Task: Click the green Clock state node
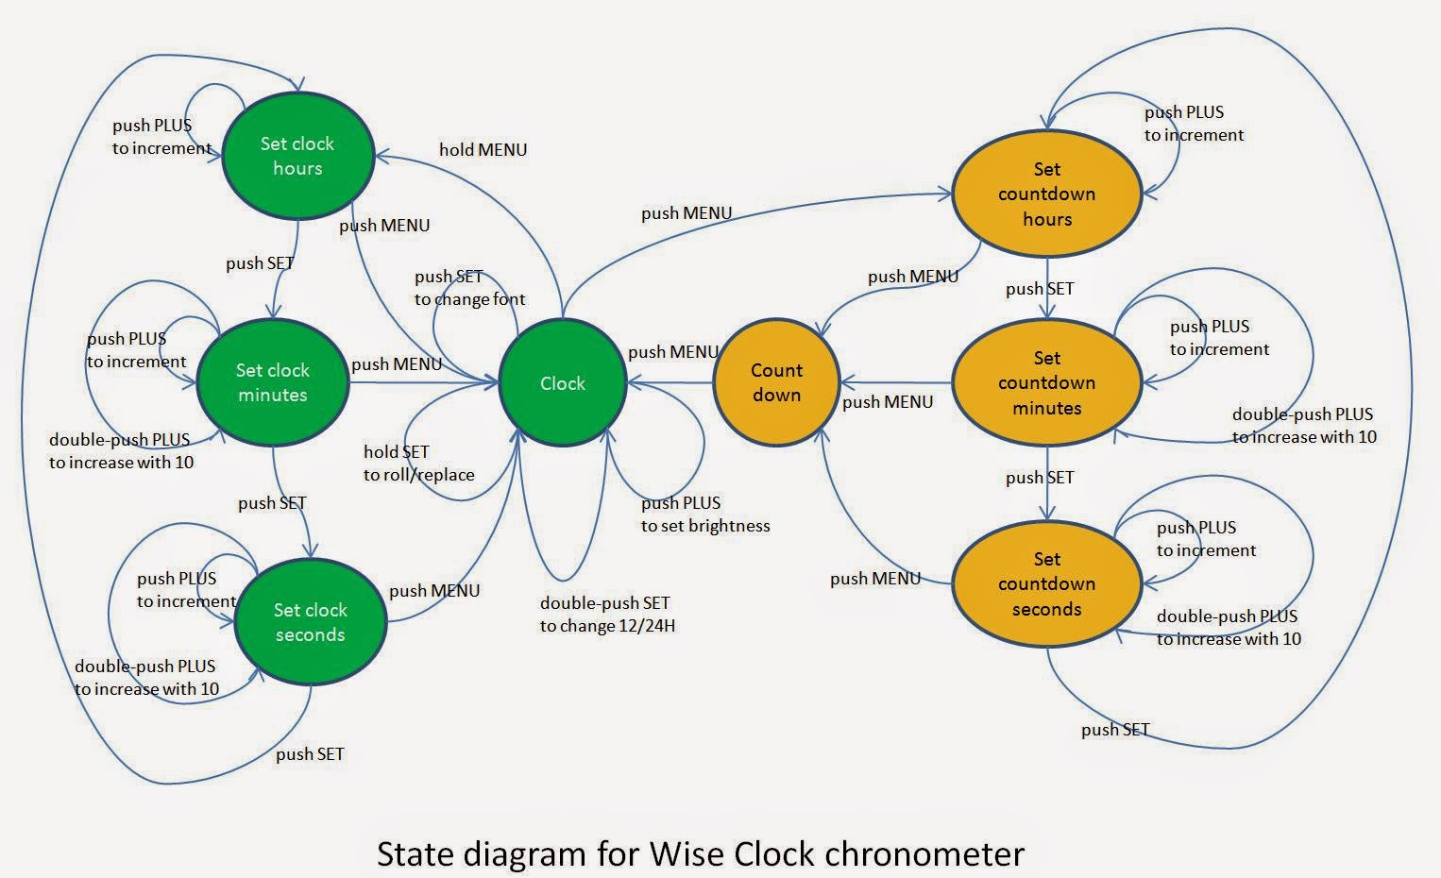click(x=563, y=382)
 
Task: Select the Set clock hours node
click(x=297, y=156)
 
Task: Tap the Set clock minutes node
click(x=273, y=382)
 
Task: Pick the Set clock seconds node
click(x=311, y=622)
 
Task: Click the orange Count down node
click(x=776, y=382)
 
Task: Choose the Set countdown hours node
click(x=1047, y=194)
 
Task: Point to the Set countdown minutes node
click(x=1047, y=382)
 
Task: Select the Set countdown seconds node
click(x=1047, y=583)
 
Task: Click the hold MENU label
click(x=483, y=149)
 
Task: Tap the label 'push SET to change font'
click(x=469, y=288)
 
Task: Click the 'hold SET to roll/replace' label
click(x=418, y=464)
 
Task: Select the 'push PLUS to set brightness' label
click(x=705, y=515)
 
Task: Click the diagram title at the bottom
click(x=700, y=853)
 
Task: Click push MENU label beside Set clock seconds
click(x=434, y=591)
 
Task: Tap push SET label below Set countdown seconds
click(x=1115, y=730)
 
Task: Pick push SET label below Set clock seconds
click(x=310, y=753)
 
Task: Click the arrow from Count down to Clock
click(x=670, y=382)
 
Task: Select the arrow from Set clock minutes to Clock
click(x=425, y=382)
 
